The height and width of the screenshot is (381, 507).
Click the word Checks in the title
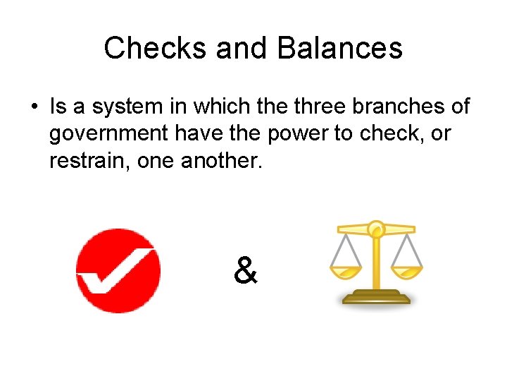coord(154,48)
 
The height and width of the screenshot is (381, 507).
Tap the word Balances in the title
coord(340,48)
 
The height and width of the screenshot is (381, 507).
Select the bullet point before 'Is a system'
coord(34,107)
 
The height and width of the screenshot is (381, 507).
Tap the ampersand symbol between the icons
coord(244,270)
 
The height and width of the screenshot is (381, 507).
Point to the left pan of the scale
coord(346,271)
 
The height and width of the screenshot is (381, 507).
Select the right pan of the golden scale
coord(407,271)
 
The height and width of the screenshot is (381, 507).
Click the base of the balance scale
coord(376,296)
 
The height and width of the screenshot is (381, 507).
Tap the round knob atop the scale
coord(376,227)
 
